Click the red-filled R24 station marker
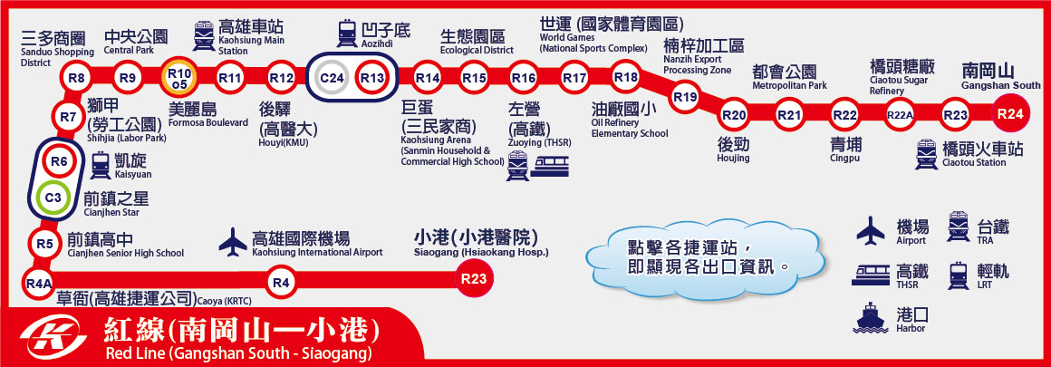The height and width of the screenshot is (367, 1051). click(x=1009, y=114)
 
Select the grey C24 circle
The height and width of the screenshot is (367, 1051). click(x=331, y=79)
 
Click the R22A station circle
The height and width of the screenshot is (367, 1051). click(x=900, y=115)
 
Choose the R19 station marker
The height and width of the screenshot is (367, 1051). click(x=685, y=97)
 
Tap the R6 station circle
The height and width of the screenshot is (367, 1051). click(x=58, y=161)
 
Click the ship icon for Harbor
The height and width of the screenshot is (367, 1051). click(x=870, y=317)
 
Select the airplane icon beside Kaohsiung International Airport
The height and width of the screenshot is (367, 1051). click(x=233, y=242)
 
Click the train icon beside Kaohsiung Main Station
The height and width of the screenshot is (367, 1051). click(x=204, y=35)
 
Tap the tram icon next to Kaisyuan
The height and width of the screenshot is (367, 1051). click(x=101, y=165)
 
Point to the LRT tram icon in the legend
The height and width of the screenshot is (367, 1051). click(x=959, y=275)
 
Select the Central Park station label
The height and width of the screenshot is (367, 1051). click(x=136, y=42)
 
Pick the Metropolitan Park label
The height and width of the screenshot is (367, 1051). click(x=789, y=77)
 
